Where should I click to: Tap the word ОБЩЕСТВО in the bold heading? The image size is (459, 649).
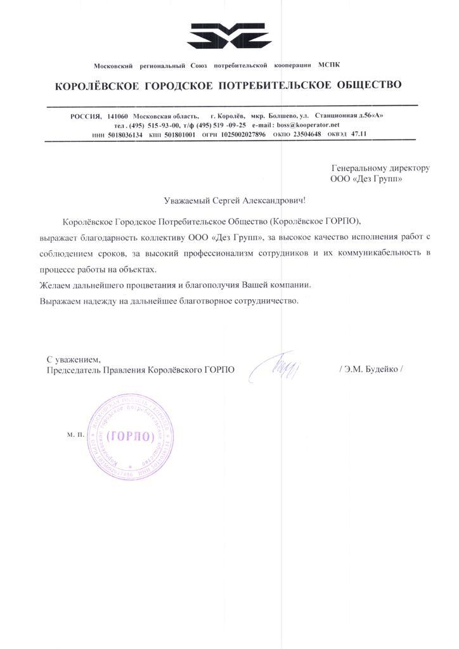pos(363,84)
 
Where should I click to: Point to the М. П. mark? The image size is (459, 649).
pos(75,437)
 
